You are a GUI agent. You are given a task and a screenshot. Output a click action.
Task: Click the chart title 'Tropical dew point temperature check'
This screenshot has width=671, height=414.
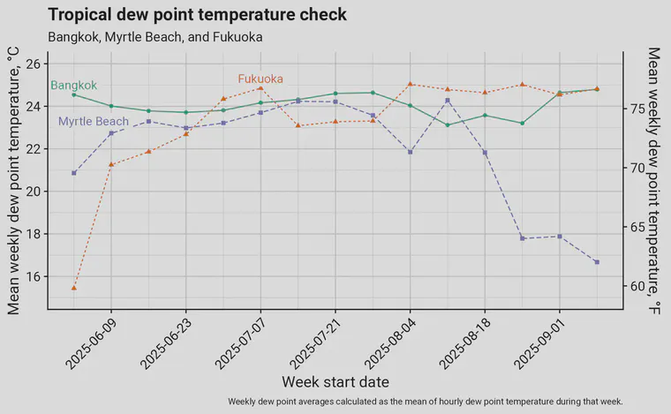(x=197, y=15)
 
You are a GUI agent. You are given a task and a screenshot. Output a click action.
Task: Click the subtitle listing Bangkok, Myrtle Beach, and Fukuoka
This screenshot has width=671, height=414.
(x=155, y=37)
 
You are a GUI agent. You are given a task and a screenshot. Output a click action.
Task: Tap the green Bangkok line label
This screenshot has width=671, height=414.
(x=73, y=86)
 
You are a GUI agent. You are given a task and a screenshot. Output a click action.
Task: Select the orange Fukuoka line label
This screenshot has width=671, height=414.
(x=260, y=79)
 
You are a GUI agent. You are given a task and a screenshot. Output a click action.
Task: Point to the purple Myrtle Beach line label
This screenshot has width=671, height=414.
(x=94, y=121)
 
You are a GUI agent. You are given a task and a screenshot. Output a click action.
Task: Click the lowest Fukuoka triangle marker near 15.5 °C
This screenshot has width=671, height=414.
(x=74, y=288)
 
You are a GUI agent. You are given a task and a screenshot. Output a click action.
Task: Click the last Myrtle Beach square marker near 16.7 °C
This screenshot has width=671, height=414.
(x=597, y=262)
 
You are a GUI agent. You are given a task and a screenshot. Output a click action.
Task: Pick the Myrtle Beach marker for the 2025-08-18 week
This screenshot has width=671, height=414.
(x=485, y=153)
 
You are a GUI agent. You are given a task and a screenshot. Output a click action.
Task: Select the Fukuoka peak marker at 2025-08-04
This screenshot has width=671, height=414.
(x=411, y=84)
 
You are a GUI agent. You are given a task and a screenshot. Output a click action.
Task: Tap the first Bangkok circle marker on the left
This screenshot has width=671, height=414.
(x=74, y=94)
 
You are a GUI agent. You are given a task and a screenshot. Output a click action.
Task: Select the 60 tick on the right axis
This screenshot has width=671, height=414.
(x=637, y=287)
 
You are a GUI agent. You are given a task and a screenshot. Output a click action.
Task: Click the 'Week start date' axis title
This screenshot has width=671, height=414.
(x=335, y=382)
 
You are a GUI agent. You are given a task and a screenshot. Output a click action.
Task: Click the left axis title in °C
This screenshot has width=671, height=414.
(x=13, y=181)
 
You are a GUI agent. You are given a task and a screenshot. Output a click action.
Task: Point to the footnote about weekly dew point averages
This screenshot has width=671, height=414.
(x=426, y=402)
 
